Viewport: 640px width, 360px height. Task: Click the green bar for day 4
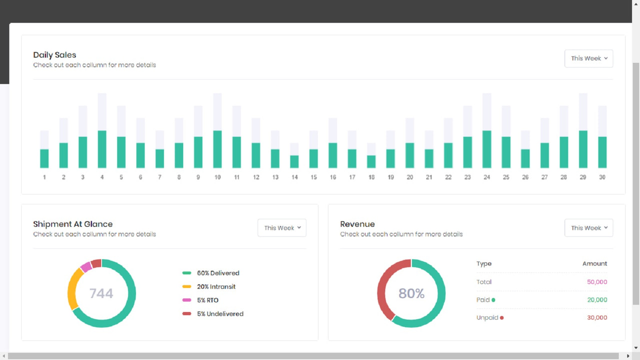tap(102, 149)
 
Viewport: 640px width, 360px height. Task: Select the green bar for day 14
tap(294, 161)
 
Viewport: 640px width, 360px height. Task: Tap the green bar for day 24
tap(486, 149)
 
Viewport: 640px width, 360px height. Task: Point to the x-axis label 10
tap(217, 177)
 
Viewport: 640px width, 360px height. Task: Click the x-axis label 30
tap(602, 177)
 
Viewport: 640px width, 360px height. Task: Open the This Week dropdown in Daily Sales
tap(588, 58)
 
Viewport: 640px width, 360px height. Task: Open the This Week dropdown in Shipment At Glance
tap(282, 228)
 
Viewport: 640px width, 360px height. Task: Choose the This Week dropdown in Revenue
tap(588, 228)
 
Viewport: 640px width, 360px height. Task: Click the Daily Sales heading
tap(54, 55)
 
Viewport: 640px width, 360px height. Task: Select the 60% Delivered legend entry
tap(217, 273)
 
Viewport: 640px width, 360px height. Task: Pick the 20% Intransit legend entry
tap(215, 286)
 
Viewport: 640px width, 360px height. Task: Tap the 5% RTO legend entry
tap(207, 300)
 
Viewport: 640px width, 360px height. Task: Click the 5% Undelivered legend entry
tap(219, 314)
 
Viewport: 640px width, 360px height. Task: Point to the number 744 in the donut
tap(101, 293)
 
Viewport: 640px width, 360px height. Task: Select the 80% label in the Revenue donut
tap(411, 293)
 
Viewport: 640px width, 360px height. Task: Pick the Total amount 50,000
tap(597, 282)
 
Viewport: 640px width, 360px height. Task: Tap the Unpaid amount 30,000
tap(597, 317)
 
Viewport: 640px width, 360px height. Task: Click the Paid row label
tap(483, 300)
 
